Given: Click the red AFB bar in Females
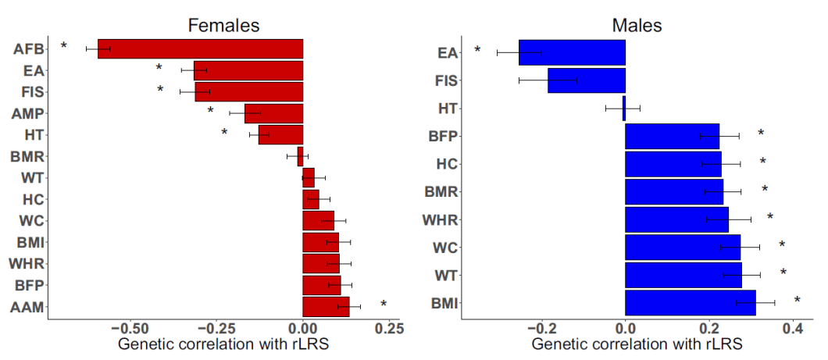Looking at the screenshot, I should click(200, 48).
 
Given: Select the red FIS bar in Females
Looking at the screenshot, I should click(249, 91).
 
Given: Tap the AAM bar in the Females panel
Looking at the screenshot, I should click(326, 307).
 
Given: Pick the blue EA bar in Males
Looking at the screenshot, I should click(572, 52).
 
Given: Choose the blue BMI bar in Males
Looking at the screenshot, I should click(691, 302).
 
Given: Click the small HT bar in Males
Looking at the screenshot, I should click(624, 108).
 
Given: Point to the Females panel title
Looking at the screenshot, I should click(223, 25).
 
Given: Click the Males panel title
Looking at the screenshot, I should click(637, 25).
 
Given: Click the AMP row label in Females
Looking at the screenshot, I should click(29, 113).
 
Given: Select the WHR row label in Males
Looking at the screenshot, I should click(439, 219).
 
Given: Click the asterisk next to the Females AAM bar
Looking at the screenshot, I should click(383, 305).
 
